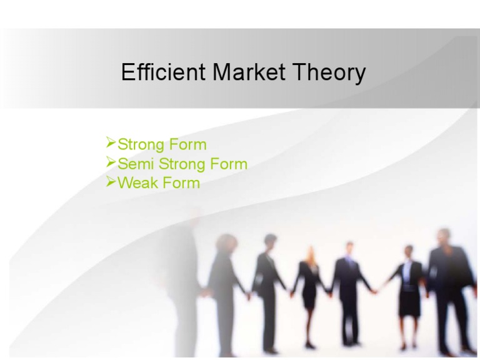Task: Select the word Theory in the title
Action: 331,72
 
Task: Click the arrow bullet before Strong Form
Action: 111,144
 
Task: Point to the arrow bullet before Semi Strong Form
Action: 111,163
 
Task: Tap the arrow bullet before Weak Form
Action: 111,182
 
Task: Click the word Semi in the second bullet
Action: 135,164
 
